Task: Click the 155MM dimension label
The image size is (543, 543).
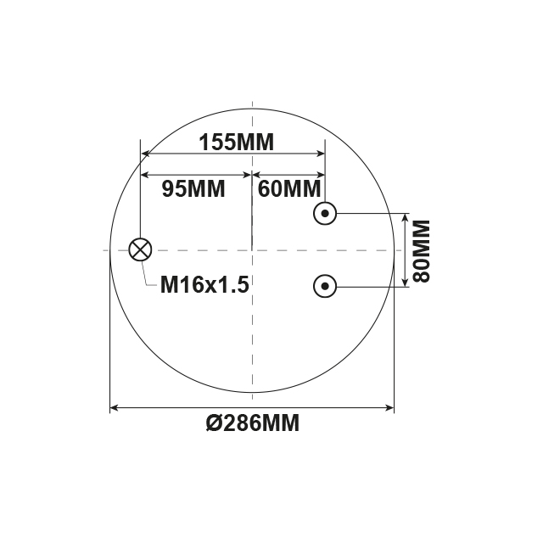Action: (x=237, y=143)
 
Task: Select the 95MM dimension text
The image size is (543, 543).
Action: (x=193, y=188)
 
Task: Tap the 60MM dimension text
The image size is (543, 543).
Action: (x=289, y=188)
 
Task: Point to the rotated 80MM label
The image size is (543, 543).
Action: (x=420, y=250)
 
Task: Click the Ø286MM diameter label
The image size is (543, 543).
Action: (x=253, y=423)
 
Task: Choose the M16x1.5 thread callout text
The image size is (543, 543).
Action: (x=204, y=285)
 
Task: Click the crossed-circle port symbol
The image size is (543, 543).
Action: (x=140, y=249)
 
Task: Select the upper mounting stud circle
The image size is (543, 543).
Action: (x=325, y=213)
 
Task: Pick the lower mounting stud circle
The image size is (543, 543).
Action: (x=325, y=287)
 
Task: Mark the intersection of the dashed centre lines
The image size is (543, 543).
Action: (x=253, y=250)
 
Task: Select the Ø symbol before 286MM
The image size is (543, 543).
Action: (x=215, y=423)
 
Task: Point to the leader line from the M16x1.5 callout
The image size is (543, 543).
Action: (x=149, y=273)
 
